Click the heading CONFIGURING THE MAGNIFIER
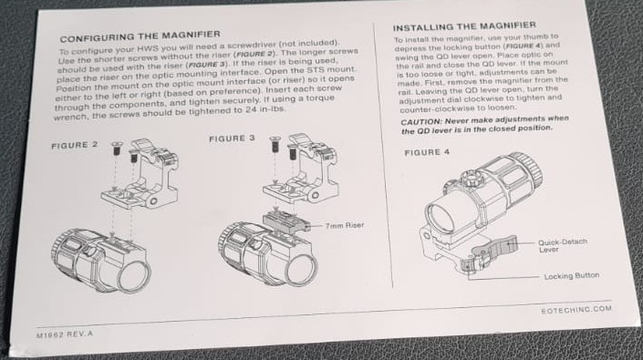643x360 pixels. (x=140, y=36)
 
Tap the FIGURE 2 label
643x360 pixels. (x=75, y=145)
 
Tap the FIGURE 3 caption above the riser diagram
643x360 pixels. (x=232, y=139)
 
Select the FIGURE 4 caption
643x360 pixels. (x=427, y=152)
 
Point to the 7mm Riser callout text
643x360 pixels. (x=345, y=225)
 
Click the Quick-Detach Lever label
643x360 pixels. (x=562, y=245)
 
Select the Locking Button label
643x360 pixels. (x=572, y=276)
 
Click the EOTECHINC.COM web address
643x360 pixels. (x=576, y=310)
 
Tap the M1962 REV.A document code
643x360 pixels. (x=65, y=334)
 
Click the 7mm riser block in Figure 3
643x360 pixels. (x=285, y=222)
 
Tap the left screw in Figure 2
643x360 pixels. (x=117, y=149)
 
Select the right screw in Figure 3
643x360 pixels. (x=292, y=152)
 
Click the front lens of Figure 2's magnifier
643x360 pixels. (x=134, y=275)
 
